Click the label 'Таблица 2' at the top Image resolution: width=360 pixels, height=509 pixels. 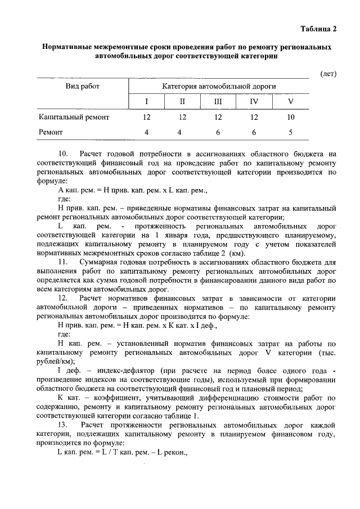(x=318, y=29)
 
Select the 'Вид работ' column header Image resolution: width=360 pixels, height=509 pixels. (x=82, y=87)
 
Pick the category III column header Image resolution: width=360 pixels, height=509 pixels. (x=218, y=102)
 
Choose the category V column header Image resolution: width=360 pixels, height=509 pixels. (x=290, y=102)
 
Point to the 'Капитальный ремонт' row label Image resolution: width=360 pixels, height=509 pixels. (x=74, y=118)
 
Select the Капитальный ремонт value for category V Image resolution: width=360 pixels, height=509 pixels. (x=290, y=118)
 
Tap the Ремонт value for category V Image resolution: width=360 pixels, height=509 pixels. (x=290, y=133)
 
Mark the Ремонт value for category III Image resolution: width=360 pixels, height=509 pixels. (x=218, y=133)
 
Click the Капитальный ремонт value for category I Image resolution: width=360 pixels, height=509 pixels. (x=147, y=118)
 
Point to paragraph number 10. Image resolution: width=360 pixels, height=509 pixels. (x=63, y=154)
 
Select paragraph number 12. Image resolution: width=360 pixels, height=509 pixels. (x=63, y=298)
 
